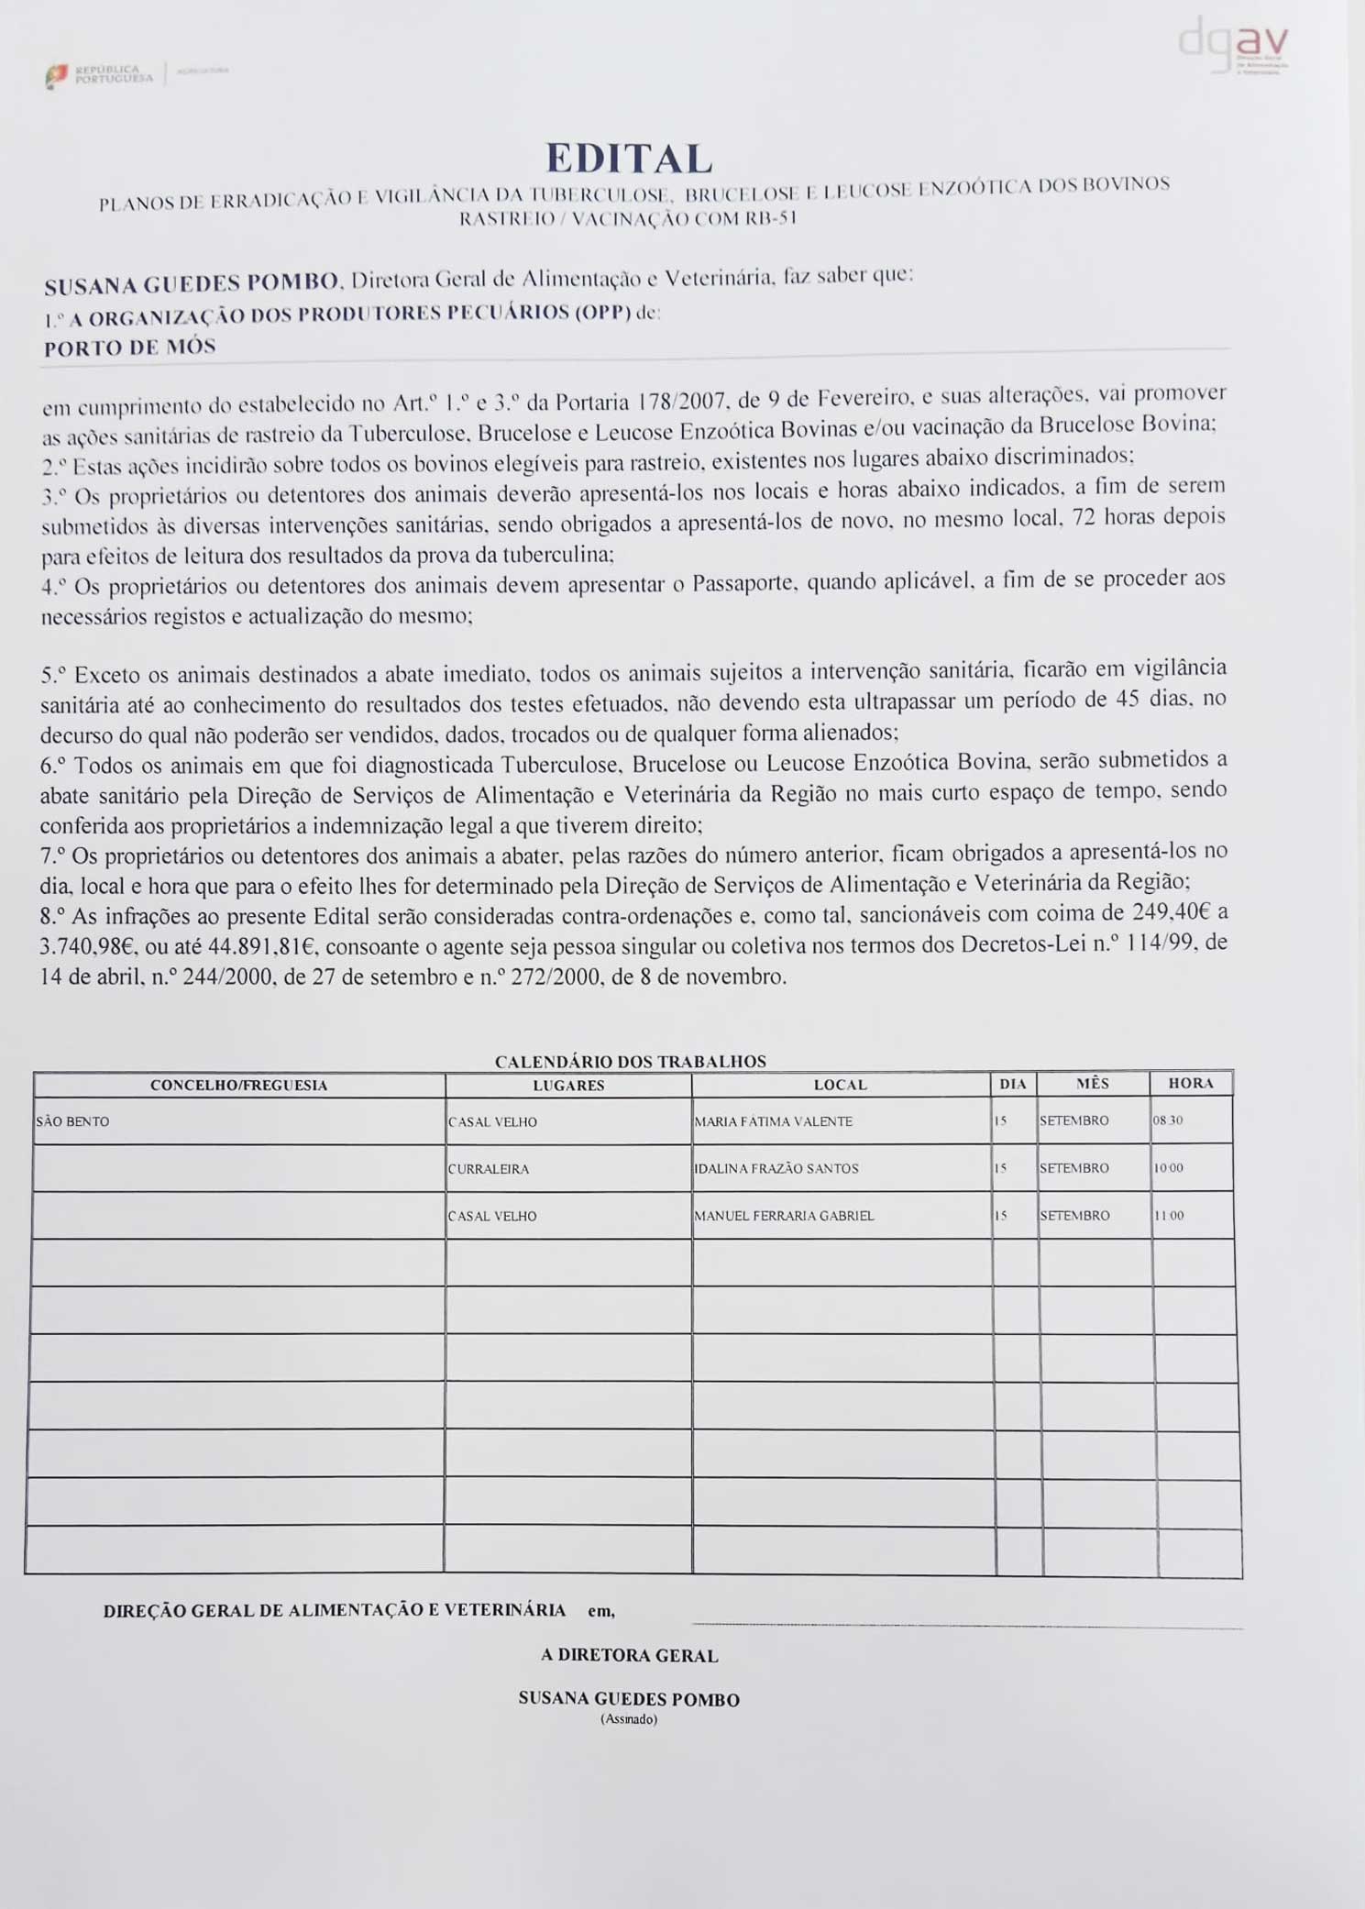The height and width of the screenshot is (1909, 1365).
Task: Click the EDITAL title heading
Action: (629, 158)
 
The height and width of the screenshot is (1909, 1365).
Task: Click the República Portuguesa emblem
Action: (57, 75)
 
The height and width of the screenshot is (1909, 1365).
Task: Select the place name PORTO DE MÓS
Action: (129, 347)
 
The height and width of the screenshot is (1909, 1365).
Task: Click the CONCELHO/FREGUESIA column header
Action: (238, 1085)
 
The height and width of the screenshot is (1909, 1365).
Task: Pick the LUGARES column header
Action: (568, 1085)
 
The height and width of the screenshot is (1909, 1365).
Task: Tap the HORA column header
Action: (1191, 1083)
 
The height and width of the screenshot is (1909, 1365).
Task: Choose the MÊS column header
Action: (1093, 1083)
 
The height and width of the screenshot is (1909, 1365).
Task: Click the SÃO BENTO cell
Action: (72, 1121)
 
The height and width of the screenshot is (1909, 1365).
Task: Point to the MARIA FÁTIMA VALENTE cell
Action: (773, 1121)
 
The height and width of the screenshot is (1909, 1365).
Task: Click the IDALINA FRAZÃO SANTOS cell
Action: (776, 1168)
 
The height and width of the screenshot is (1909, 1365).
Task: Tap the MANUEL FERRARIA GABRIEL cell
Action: (784, 1216)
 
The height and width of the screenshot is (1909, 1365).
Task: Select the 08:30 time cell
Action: (1168, 1120)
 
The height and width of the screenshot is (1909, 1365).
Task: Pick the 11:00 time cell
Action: (1168, 1216)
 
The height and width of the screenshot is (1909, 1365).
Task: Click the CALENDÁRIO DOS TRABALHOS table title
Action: (630, 1061)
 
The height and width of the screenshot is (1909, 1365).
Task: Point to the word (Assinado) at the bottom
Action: (629, 1719)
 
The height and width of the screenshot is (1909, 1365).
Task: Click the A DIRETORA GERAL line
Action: (629, 1655)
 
